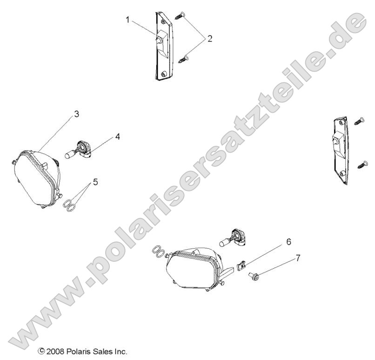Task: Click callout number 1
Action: tap(127, 20)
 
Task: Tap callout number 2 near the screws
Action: tap(210, 39)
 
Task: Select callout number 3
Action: tap(76, 114)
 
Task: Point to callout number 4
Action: tap(117, 136)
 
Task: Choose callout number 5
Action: tap(95, 182)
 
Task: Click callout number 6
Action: tap(288, 242)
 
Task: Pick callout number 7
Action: tap(298, 258)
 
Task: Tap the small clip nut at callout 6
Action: tap(242, 265)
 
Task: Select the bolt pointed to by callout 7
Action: tap(254, 276)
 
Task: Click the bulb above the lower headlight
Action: tap(233, 238)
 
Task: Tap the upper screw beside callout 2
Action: tap(180, 16)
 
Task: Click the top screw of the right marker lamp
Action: tap(359, 121)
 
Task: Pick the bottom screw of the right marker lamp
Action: tap(363, 164)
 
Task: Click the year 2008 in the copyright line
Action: tap(55, 351)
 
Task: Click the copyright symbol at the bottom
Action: tap(41, 351)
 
